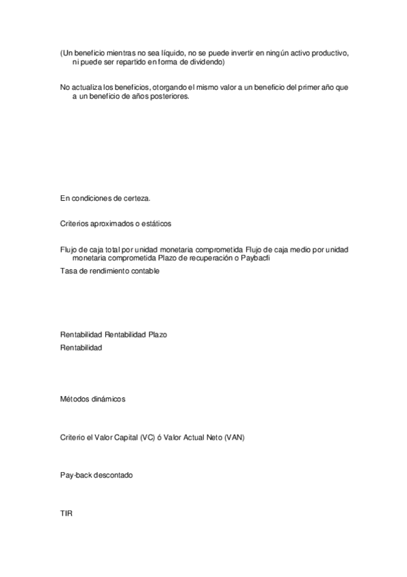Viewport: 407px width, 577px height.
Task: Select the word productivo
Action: click(329, 53)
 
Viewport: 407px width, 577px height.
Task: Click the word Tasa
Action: click(68, 271)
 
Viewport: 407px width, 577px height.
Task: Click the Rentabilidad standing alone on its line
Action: click(81, 348)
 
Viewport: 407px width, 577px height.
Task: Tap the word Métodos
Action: click(75, 399)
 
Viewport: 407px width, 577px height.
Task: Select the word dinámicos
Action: click(108, 399)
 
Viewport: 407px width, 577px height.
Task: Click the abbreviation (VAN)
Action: click(233, 438)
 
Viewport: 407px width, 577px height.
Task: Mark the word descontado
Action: click(113, 475)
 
